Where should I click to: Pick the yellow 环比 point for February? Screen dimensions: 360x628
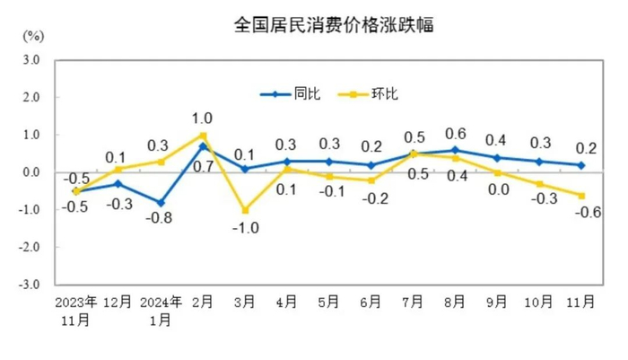coord(204,135)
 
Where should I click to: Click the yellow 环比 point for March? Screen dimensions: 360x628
coord(244,210)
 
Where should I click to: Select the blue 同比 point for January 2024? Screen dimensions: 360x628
coord(160,202)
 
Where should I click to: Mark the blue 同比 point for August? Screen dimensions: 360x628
coord(455,150)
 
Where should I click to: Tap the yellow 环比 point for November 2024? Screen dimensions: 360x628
coord(581,195)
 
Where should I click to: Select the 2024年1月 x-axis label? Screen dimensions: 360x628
coord(161,308)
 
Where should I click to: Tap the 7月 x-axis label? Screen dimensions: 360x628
coord(413,302)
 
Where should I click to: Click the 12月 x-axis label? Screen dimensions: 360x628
coord(118,302)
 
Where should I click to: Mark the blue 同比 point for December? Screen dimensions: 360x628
coord(118,183)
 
